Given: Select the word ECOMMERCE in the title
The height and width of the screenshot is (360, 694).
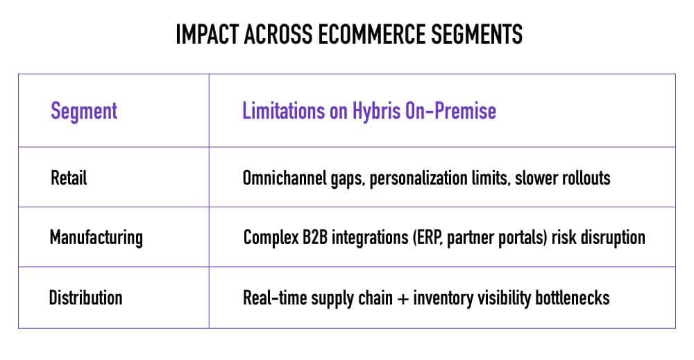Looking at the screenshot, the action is (x=372, y=35).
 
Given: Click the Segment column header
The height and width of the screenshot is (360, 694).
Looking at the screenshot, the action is (x=84, y=111).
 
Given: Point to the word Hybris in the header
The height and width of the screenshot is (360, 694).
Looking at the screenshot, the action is (x=376, y=111).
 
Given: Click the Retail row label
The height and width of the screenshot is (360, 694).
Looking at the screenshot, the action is (x=69, y=178).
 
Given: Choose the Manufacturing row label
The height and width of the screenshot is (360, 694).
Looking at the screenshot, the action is (x=96, y=237).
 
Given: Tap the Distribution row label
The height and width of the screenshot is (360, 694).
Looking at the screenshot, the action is (x=85, y=298).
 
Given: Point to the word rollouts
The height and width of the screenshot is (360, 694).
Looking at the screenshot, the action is (x=586, y=178).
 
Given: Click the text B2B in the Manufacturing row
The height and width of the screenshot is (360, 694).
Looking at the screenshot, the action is (x=314, y=237).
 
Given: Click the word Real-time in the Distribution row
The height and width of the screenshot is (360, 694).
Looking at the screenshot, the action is (x=274, y=298).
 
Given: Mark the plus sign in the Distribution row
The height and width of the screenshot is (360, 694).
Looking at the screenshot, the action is (x=403, y=298).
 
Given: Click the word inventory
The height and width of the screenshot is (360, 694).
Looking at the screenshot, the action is (x=443, y=298).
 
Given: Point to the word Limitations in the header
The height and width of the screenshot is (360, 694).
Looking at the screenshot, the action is (x=283, y=111).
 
